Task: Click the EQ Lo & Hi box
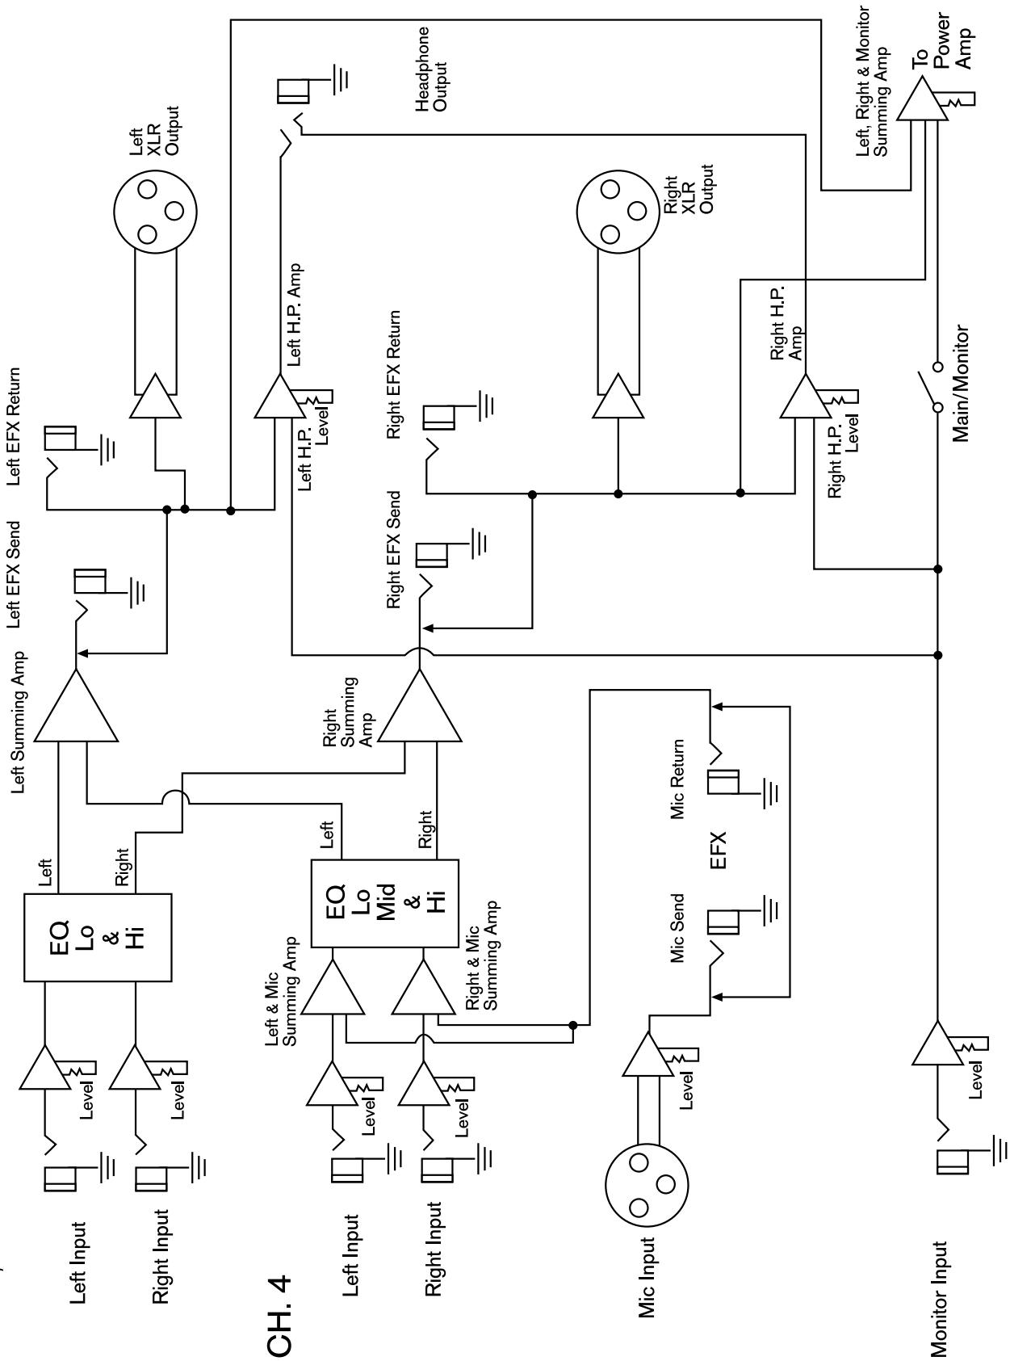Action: click(98, 937)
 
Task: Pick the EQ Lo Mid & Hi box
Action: click(385, 902)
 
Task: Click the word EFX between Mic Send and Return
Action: click(718, 851)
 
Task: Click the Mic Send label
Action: click(677, 927)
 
